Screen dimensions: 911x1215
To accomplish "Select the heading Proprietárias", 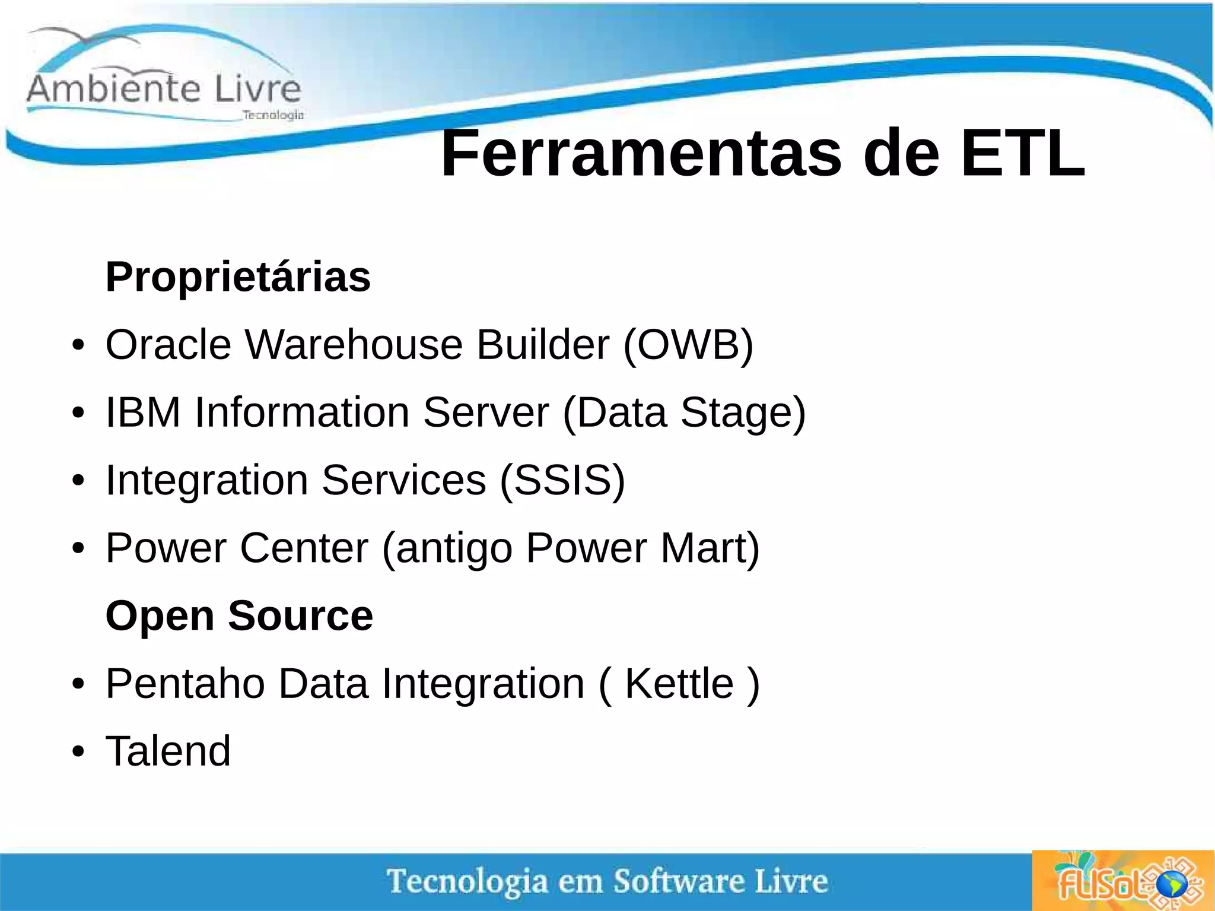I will pyautogui.click(x=238, y=277).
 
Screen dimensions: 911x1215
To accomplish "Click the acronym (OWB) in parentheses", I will pyautogui.click(x=688, y=345).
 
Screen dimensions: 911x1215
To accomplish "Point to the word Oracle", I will pyautogui.click(x=168, y=345).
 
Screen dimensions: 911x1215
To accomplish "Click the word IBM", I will pyautogui.click(x=143, y=412).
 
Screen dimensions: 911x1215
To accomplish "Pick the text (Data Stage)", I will pyautogui.click(x=684, y=412).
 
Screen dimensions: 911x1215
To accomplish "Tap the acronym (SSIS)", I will pyautogui.click(x=562, y=480).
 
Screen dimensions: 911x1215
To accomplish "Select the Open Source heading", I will pyautogui.click(x=239, y=615).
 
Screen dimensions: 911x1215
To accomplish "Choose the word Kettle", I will pyautogui.click(x=679, y=684).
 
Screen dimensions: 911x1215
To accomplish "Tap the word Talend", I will pyautogui.click(x=168, y=751).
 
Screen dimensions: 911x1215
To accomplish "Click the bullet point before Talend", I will pyautogui.click(x=78, y=752).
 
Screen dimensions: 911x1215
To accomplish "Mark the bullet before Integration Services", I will pyautogui.click(x=78, y=481).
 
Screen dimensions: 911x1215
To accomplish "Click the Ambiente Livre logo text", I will pyautogui.click(x=164, y=89).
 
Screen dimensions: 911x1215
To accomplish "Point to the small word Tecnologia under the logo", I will pyautogui.click(x=273, y=115).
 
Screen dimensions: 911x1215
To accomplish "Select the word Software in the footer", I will pyautogui.click(x=678, y=881).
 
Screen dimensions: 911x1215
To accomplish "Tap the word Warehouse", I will pyautogui.click(x=354, y=345).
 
